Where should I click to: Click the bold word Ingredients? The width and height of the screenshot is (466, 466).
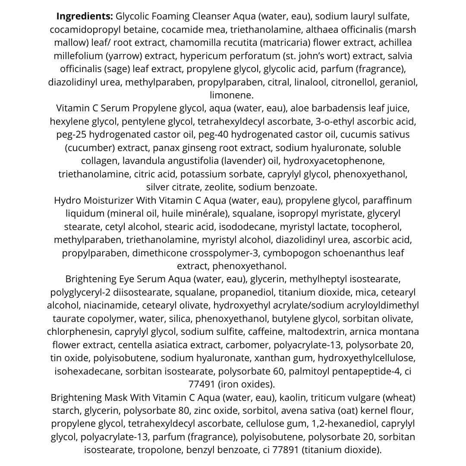[85, 17]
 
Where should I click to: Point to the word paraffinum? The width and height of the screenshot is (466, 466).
[387, 201]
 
